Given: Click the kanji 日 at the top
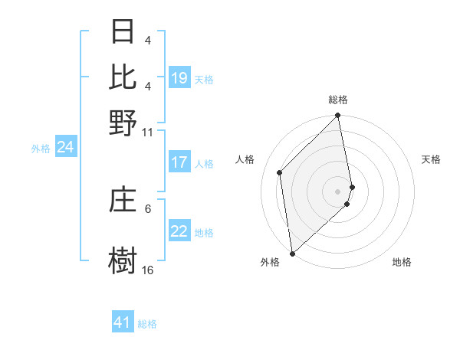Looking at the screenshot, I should point(123,31).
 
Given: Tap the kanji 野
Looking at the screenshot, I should point(123,123).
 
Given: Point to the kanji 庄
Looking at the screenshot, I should point(123,201).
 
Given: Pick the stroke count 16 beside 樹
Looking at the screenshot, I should point(147,270).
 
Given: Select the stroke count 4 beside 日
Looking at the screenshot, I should point(148,40).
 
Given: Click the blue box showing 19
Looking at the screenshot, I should point(179,77).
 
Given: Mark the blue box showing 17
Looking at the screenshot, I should point(179,162).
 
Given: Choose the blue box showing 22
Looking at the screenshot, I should point(179,231).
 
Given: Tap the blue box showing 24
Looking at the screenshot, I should point(65,147).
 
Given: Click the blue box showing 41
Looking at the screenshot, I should point(123,322).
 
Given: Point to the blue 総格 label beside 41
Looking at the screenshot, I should point(147,324).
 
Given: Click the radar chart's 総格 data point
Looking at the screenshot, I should point(338,116).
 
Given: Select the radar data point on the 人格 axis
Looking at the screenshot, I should point(280,172).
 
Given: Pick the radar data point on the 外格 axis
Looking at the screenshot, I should point(292,253).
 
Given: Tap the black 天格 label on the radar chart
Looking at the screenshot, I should point(431,159).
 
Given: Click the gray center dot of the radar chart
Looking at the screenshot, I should point(338,191).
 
